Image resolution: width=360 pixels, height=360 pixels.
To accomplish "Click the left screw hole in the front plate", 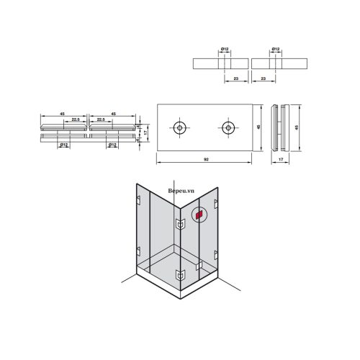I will (180, 128).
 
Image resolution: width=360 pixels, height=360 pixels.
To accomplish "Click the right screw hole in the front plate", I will (228, 128).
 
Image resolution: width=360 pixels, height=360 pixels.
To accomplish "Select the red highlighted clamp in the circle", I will (200, 214).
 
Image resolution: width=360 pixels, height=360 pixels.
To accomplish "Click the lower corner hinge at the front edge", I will (178, 275).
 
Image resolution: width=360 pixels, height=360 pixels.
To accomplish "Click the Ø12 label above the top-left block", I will (225, 49).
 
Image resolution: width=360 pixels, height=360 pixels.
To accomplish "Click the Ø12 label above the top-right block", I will (276, 49).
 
